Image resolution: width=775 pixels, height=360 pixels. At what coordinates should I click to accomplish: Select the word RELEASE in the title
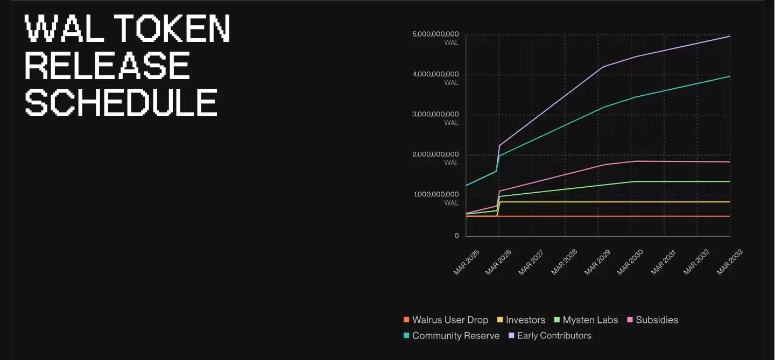coord(108,66)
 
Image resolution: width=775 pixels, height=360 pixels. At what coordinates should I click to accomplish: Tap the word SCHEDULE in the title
coord(122,102)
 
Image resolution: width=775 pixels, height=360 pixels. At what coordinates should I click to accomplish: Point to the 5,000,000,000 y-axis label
coord(435,34)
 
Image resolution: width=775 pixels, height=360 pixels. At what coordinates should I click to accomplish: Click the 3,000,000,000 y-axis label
coord(435,115)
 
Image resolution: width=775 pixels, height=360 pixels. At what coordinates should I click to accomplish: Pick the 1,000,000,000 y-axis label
coord(435,195)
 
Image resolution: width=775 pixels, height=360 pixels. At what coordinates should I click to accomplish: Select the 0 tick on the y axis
coord(456,236)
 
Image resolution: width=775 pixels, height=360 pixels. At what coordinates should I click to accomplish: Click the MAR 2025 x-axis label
coord(466,263)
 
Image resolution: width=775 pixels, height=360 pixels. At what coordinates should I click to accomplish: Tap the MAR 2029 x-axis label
coord(598,263)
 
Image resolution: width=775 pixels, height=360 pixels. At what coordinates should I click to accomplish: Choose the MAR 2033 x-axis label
coord(729,263)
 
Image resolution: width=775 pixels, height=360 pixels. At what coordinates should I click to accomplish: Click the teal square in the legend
coord(407,336)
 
